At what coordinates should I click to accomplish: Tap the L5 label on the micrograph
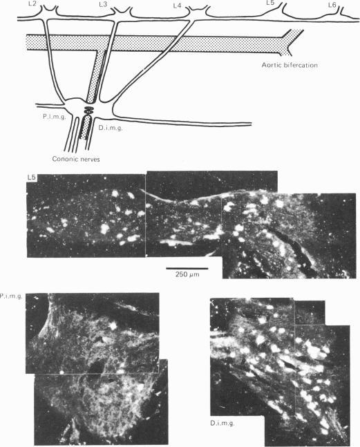point(32,178)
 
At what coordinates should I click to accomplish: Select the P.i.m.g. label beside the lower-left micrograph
point(12,296)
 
